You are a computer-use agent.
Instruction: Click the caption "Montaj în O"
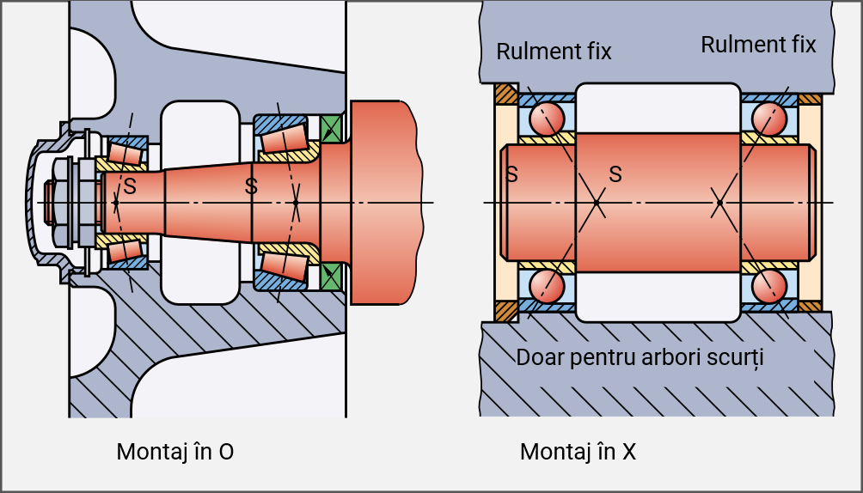click(174, 451)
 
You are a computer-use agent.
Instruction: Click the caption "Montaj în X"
click(578, 451)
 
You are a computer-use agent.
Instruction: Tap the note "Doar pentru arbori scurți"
click(640, 356)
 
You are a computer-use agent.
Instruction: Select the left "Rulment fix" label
click(554, 52)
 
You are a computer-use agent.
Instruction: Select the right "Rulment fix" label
click(758, 45)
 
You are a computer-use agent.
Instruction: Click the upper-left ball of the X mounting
click(546, 118)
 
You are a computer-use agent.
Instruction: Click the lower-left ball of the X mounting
click(546, 286)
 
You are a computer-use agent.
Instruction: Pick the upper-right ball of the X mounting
click(769, 118)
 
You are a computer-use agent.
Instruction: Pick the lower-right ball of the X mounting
click(769, 286)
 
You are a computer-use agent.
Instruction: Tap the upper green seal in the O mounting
click(331, 128)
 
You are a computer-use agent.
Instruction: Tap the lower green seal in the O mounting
click(331, 275)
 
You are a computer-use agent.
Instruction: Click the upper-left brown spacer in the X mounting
click(505, 93)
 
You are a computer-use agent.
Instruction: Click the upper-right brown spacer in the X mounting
click(810, 98)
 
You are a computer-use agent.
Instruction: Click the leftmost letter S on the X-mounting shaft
click(511, 174)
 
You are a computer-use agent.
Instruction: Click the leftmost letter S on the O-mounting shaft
click(130, 185)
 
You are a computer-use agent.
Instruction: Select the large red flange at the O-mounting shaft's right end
click(383, 202)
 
